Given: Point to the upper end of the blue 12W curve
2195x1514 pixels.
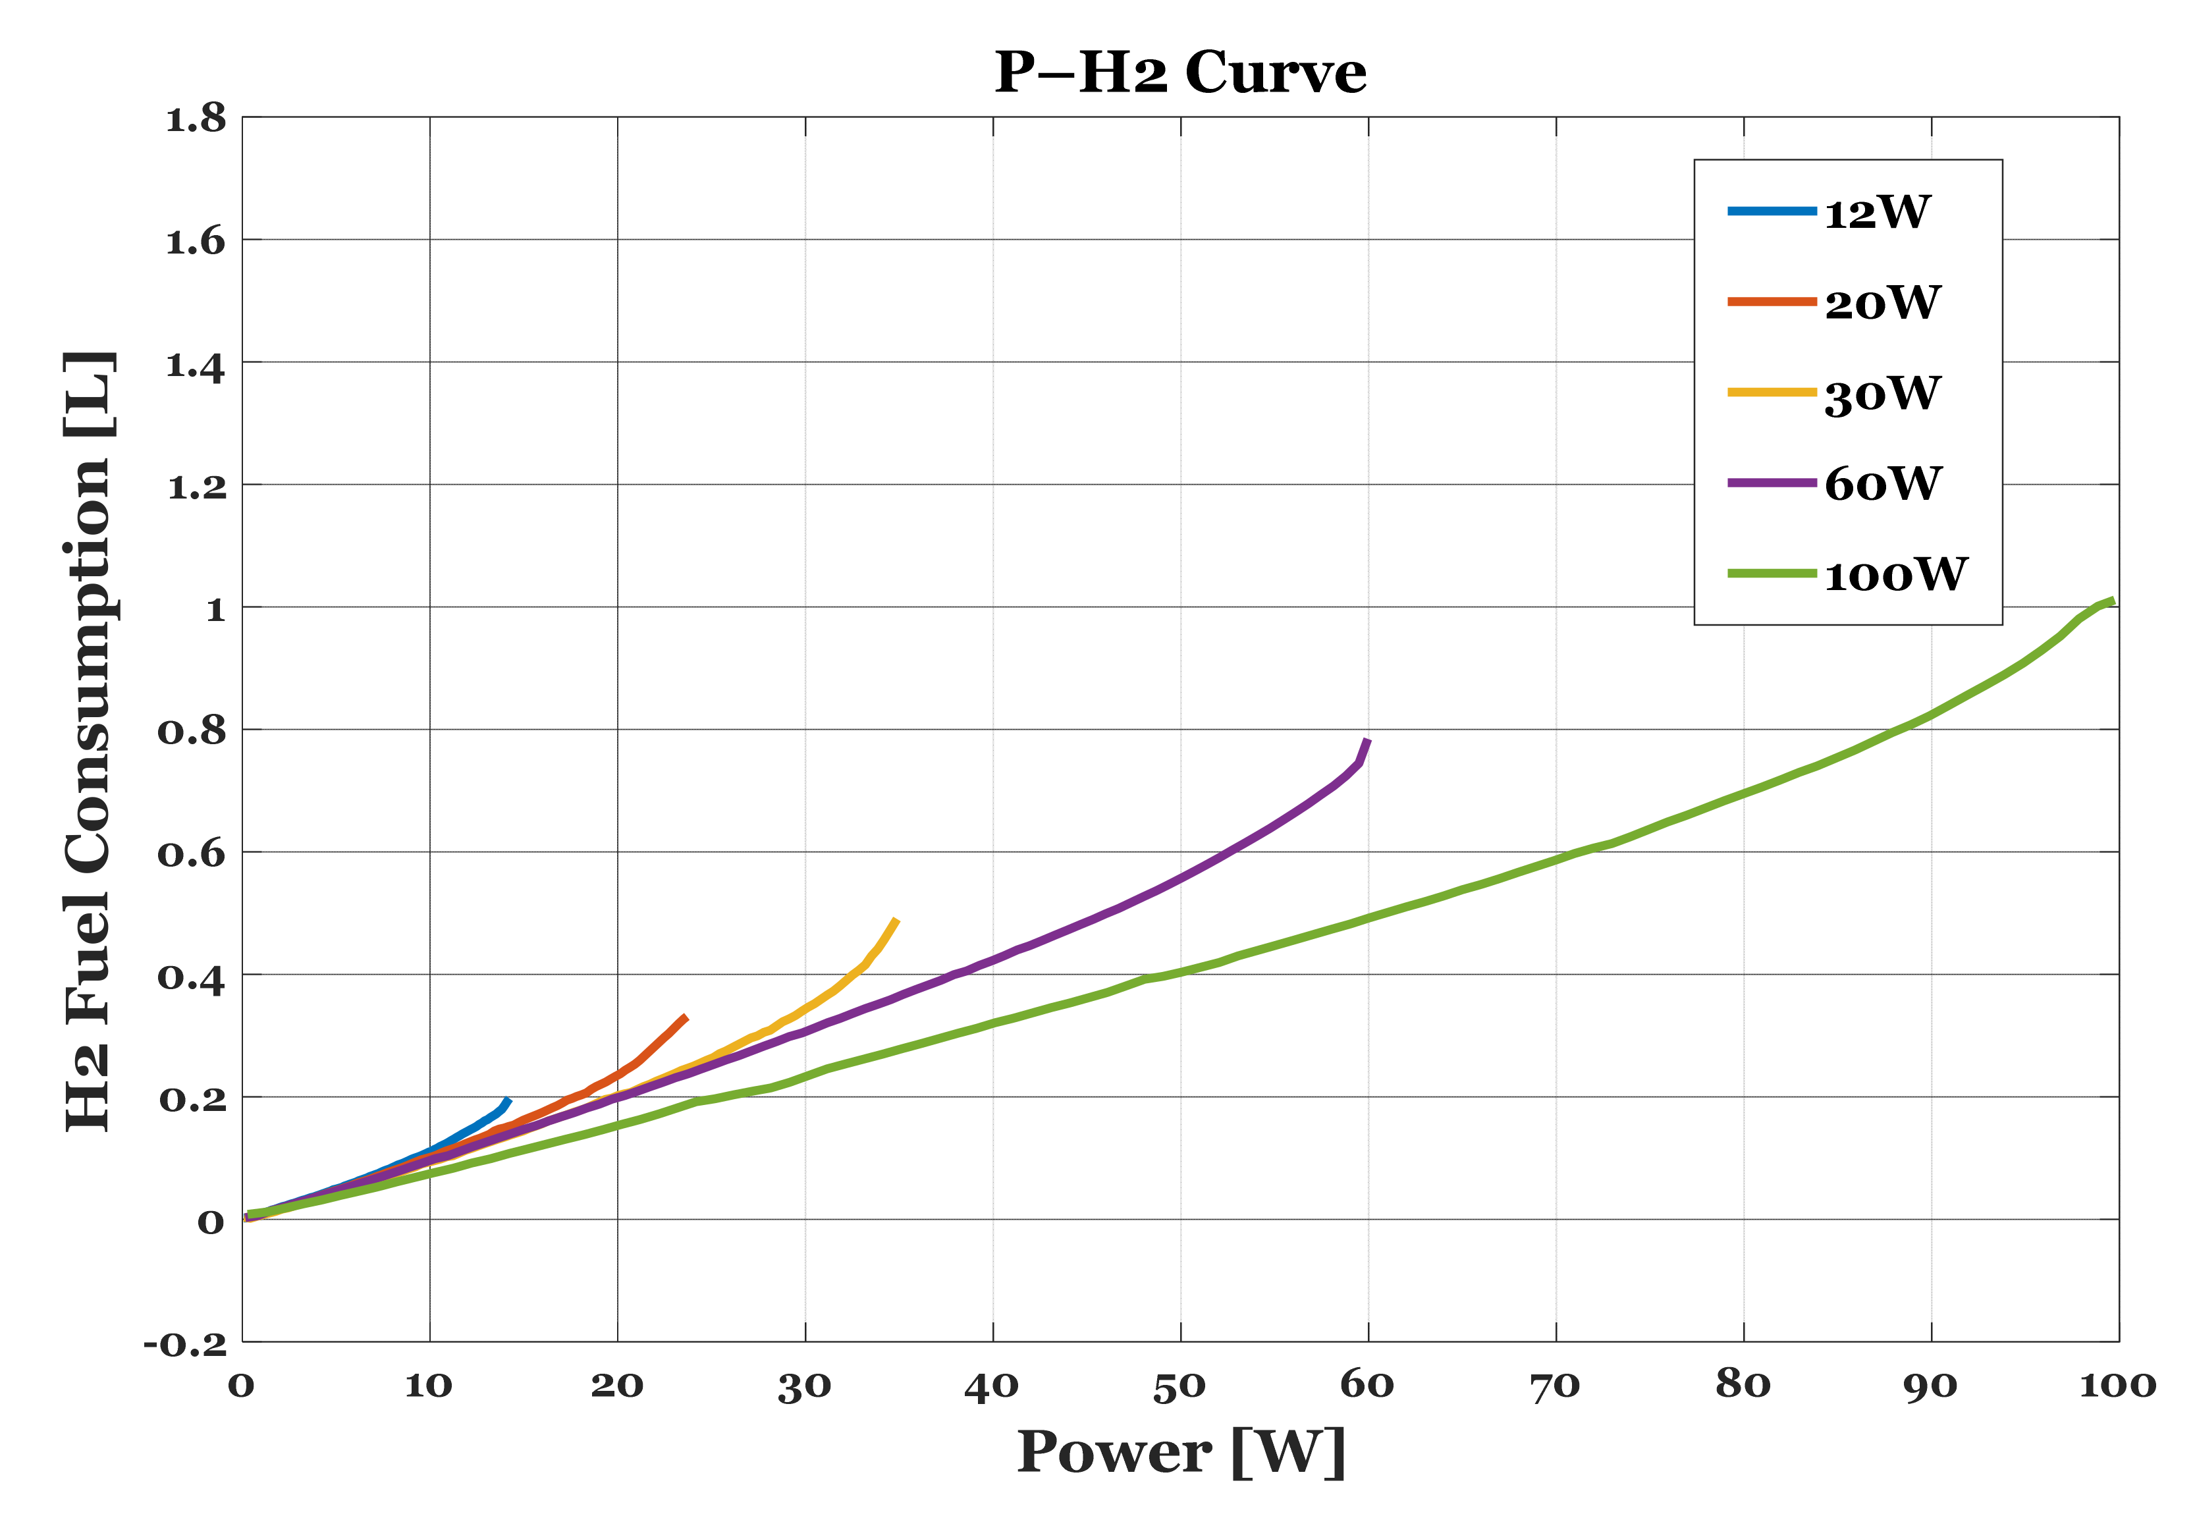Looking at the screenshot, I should point(508,1100).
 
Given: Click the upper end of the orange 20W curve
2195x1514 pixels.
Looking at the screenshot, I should point(686,1017).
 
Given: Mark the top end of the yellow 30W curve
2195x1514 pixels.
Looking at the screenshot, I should point(896,919).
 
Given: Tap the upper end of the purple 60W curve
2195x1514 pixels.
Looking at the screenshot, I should point(1367,740).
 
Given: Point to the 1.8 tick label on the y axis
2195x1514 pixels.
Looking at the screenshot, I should point(196,120).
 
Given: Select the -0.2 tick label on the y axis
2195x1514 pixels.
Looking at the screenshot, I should point(186,1344).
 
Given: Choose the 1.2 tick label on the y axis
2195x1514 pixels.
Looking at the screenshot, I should point(196,487).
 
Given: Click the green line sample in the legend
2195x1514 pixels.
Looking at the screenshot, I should point(1771,574).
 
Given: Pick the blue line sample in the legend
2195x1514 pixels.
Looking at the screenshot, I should point(1771,211).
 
